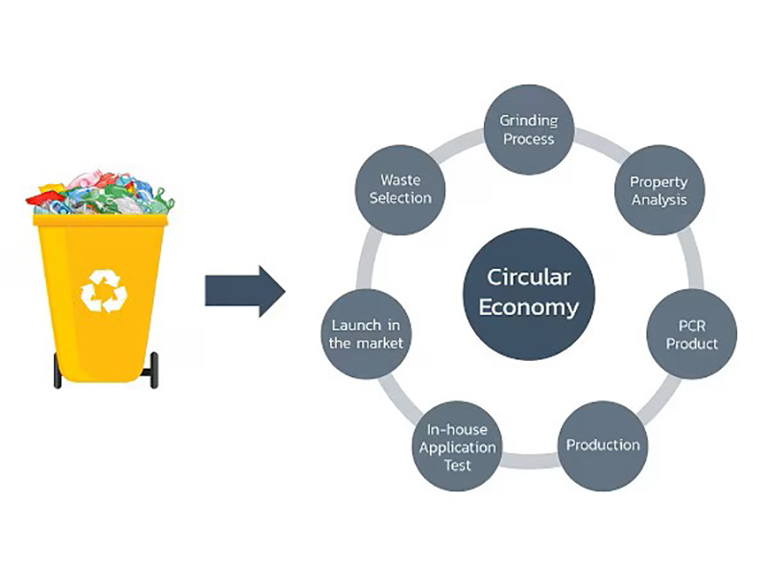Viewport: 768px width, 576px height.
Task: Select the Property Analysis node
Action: click(659, 191)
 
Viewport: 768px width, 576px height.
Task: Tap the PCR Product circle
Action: click(691, 335)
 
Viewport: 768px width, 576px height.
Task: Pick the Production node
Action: click(602, 445)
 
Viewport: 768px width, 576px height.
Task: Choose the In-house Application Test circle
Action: click(457, 447)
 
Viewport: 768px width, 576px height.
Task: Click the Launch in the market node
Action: click(366, 334)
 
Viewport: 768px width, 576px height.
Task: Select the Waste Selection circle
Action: click(400, 188)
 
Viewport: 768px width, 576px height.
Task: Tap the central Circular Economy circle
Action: click(529, 292)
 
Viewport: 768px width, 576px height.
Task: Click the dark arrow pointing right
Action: click(244, 291)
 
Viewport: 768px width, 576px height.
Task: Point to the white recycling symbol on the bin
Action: click(103, 290)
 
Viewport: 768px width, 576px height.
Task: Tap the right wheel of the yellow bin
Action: click(154, 371)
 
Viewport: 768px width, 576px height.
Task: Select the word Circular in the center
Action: click(529, 277)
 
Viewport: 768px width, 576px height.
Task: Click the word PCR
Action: click(692, 325)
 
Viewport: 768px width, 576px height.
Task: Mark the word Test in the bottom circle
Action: click(457, 466)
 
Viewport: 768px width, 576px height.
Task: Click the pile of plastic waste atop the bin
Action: click(101, 194)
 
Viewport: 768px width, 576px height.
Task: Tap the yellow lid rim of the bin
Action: click(100, 220)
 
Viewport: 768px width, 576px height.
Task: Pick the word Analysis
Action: click(659, 200)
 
